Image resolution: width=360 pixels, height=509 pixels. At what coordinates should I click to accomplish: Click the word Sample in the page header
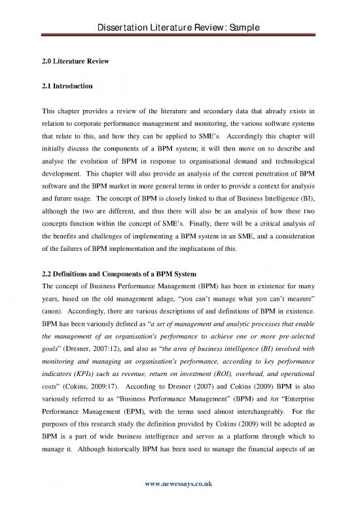click(244, 9)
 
